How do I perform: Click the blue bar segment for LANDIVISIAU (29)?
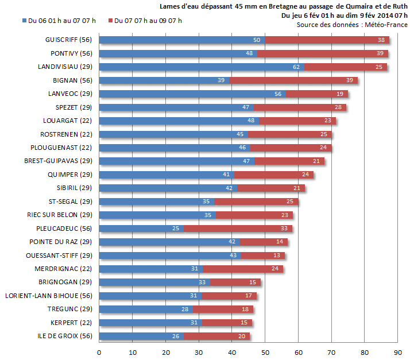[x=201, y=67]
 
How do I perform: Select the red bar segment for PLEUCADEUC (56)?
[x=237, y=228]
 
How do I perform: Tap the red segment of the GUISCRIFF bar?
[x=326, y=40]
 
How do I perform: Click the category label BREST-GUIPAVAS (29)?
[x=58, y=161]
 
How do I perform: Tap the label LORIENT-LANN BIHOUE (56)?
[x=48, y=296]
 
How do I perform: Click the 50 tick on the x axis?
[x=265, y=351]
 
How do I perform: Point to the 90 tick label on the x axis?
[x=398, y=351]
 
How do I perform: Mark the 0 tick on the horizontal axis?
[x=99, y=351]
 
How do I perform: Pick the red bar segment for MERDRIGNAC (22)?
[x=243, y=269]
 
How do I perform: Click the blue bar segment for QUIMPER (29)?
[x=167, y=175]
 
